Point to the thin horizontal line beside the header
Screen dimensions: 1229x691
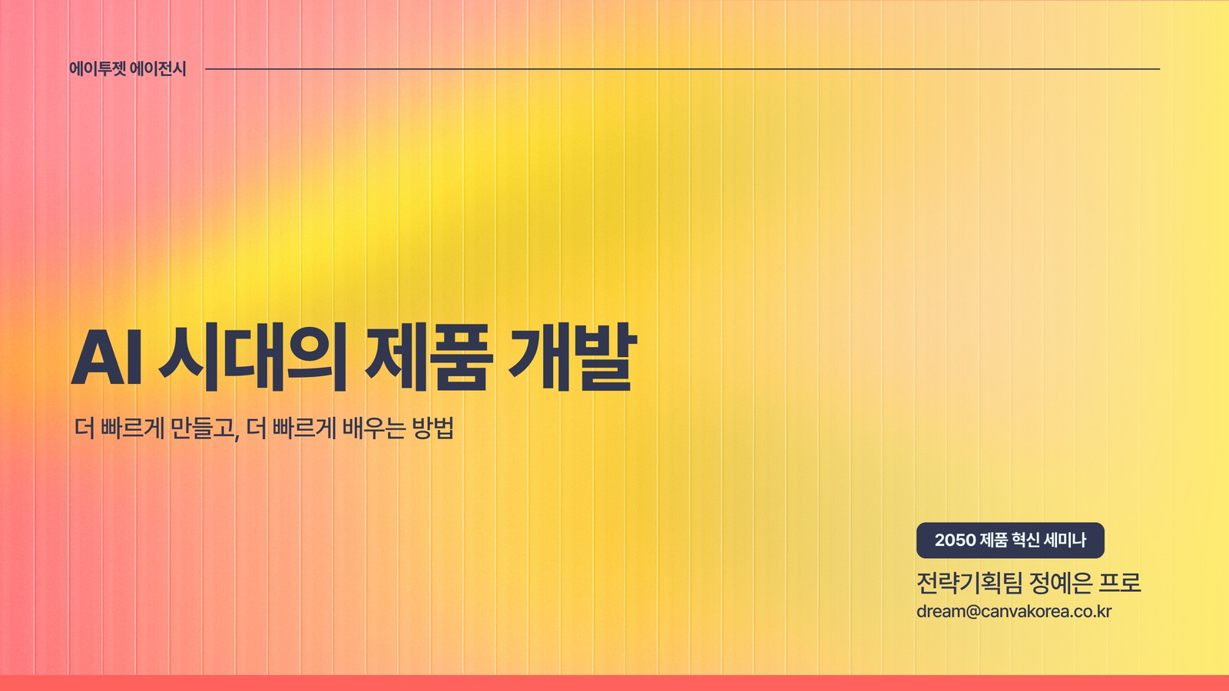(x=683, y=69)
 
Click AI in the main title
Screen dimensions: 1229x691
(x=107, y=357)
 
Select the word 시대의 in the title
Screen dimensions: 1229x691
(x=253, y=357)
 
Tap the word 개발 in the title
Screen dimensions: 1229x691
(x=572, y=357)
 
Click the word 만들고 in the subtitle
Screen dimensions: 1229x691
(x=202, y=428)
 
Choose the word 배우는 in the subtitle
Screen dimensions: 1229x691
(x=374, y=428)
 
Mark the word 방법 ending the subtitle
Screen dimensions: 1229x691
(x=433, y=428)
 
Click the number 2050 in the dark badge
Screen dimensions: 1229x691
(x=955, y=541)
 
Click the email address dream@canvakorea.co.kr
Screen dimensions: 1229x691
(x=1014, y=611)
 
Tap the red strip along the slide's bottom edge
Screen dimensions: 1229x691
(x=614, y=683)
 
